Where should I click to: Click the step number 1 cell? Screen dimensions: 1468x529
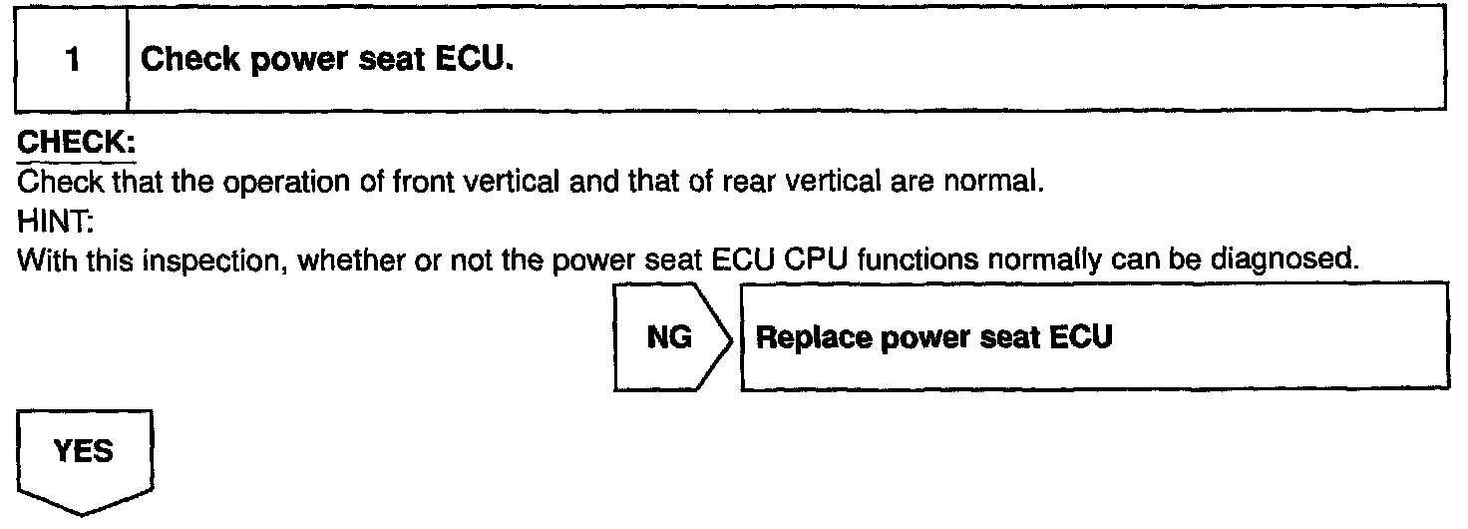[x=72, y=60]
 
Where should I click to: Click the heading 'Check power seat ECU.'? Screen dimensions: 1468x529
[x=327, y=60]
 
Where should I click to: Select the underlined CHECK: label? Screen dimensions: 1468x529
[x=75, y=145]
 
